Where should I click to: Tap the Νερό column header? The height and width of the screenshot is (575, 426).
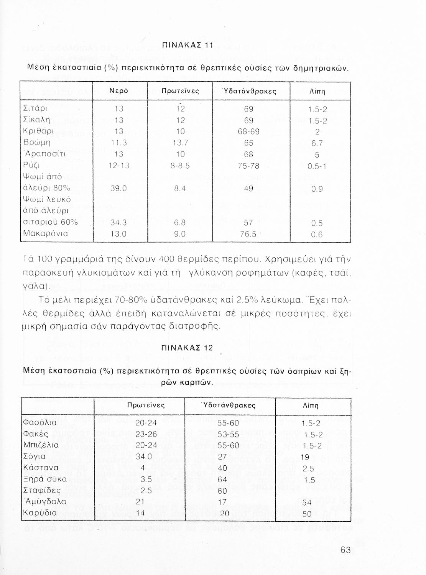pyautogui.click(x=118, y=91)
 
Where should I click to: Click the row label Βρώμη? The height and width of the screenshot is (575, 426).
pyautogui.click(x=37, y=143)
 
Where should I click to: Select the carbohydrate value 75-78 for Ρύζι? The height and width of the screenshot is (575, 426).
pyautogui.click(x=248, y=166)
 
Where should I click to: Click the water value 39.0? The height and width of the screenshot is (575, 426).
pyautogui.click(x=118, y=188)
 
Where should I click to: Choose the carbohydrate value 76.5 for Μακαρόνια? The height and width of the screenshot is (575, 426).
pyautogui.click(x=248, y=234)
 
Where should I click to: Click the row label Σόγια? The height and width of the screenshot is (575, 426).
pyautogui.click(x=35, y=457)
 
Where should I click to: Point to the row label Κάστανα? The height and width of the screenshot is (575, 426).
pyautogui.click(x=41, y=468)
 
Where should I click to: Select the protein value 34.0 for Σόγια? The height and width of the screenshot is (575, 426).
pyautogui.click(x=143, y=457)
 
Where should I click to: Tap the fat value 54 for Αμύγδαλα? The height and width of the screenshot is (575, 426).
pyautogui.click(x=307, y=503)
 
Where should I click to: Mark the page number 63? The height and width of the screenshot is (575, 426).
pyautogui.click(x=345, y=550)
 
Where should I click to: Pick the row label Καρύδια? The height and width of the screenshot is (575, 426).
pyautogui.click(x=40, y=513)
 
